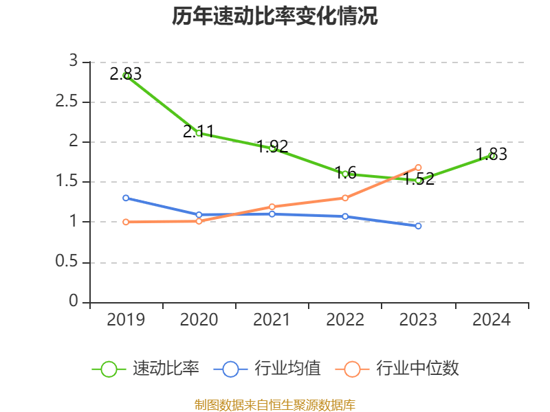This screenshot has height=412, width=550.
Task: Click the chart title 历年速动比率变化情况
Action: (x=275, y=16)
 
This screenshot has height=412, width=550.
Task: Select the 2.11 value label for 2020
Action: (x=199, y=131)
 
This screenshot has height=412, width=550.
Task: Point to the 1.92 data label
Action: (x=272, y=146)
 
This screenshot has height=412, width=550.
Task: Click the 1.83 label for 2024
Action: (x=492, y=154)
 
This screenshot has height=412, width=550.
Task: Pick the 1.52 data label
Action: (x=419, y=179)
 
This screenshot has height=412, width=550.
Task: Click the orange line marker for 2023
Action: (x=418, y=168)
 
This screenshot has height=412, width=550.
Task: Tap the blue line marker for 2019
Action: (x=126, y=198)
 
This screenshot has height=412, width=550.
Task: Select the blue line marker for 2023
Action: (x=418, y=226)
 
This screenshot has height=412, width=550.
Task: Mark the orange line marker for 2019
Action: (x=126, y=222)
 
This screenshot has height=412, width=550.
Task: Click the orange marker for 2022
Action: (x=345, y=198)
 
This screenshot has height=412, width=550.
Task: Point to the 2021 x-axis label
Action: (x=272, y=320)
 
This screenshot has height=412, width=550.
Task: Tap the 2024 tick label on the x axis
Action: (x=492, y=320)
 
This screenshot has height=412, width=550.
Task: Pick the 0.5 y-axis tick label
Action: (x=67, y=262)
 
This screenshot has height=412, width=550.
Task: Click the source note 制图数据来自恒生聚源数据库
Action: (x=275, y=404)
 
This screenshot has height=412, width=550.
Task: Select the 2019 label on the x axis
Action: (x=126, y=320)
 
